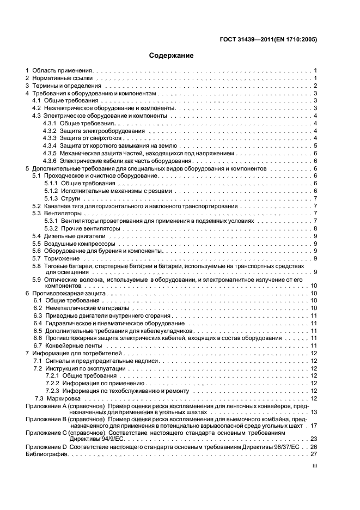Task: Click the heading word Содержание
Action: (x=172, y=55)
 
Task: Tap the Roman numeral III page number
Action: (x=314, y=466)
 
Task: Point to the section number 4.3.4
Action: (x=50, y=146)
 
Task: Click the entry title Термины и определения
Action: (x=67, y=86)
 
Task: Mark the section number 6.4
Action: (x=38, y=323)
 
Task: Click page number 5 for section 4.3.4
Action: (x=315, y=146)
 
